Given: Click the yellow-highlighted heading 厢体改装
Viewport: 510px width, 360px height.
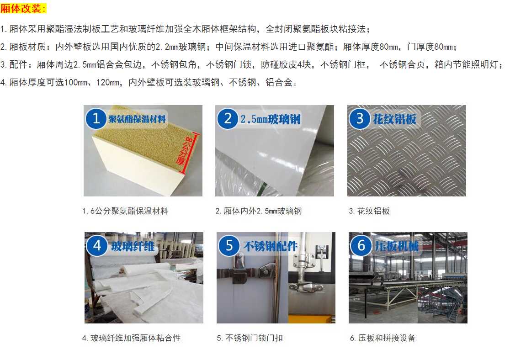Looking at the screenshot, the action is (23, 8).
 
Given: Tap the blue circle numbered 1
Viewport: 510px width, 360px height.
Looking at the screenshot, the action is (96, 118).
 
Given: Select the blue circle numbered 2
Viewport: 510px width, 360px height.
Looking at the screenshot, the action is (228, 118).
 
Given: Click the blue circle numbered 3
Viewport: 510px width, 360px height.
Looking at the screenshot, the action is (360, 118).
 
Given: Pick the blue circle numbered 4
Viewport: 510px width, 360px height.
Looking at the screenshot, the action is (97, 245).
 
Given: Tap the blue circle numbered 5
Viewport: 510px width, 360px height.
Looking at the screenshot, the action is (229, 245).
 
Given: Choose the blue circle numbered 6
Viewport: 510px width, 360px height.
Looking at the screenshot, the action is (361, 245).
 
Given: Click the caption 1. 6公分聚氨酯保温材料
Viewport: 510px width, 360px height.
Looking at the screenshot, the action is (125, 211).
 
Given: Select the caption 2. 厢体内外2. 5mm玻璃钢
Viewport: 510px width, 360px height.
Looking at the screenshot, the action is (259, 211).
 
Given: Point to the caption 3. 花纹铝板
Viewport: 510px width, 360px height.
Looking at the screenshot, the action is (369, 211).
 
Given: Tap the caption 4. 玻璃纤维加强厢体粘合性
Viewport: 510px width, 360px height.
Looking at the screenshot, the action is (132, 338).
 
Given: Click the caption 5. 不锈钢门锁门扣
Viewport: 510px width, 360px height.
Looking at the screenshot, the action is (250, 338).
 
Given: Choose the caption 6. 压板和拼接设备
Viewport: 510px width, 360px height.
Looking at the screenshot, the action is (383, 338).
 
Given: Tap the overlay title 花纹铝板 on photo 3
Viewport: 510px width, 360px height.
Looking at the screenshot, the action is (394, 119).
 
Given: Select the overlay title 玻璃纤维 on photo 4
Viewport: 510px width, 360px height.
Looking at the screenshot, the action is (133, 247).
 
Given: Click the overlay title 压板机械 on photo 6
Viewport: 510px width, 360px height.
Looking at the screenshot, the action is (397, 247).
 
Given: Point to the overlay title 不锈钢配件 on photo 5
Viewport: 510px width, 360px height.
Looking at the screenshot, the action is (270, 247).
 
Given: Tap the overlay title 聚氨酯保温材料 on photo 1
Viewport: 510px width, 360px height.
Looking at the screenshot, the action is (137, 119).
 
